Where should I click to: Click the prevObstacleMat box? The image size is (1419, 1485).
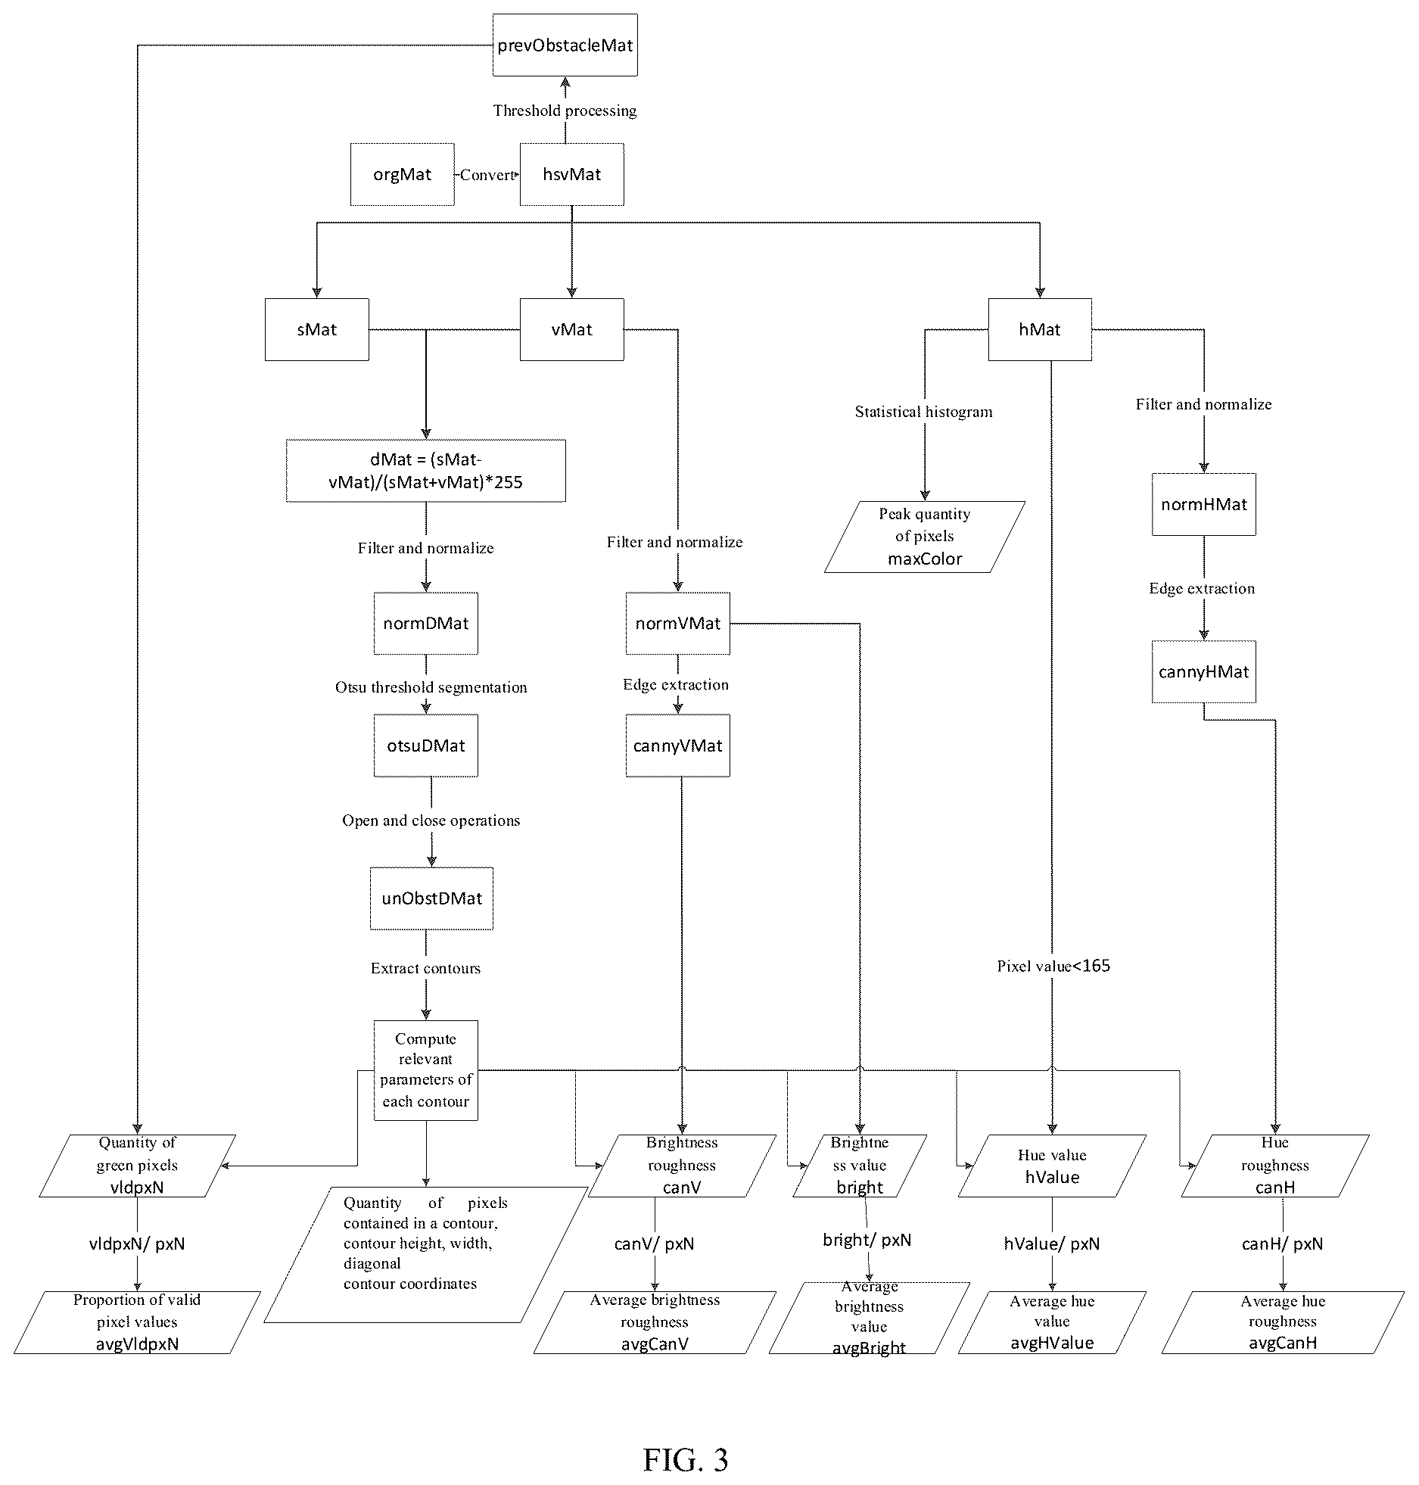[565, 45]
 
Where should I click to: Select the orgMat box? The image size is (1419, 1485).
[402, 174]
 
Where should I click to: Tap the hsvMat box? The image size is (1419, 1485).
[571, 174]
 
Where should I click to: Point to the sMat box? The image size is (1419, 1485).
[316, 329]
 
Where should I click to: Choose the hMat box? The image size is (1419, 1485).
[1040, 329]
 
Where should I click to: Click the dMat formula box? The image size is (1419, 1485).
[425, 470]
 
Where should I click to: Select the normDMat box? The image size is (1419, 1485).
[425, 623]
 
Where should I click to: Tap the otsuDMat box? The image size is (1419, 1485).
[425, 746]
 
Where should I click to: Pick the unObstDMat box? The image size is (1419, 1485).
[431, 898]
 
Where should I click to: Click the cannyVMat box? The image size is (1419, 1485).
[677, 746]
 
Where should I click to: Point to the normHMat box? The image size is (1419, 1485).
[1203, 504]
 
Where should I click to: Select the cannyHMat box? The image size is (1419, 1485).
[1203, 671]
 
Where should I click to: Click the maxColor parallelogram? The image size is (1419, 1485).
[924, 537]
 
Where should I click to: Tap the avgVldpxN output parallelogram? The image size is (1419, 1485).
[137, 1322]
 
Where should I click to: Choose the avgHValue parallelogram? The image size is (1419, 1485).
[1052, 1322]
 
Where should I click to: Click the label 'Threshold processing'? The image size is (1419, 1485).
[565, 111]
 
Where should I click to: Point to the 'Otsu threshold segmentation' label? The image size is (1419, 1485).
[431, 687]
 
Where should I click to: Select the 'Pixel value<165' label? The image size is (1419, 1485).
[1053, 966]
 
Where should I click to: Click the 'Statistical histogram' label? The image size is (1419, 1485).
[923, 412]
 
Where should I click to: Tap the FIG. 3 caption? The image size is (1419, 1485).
[686, 1459]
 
